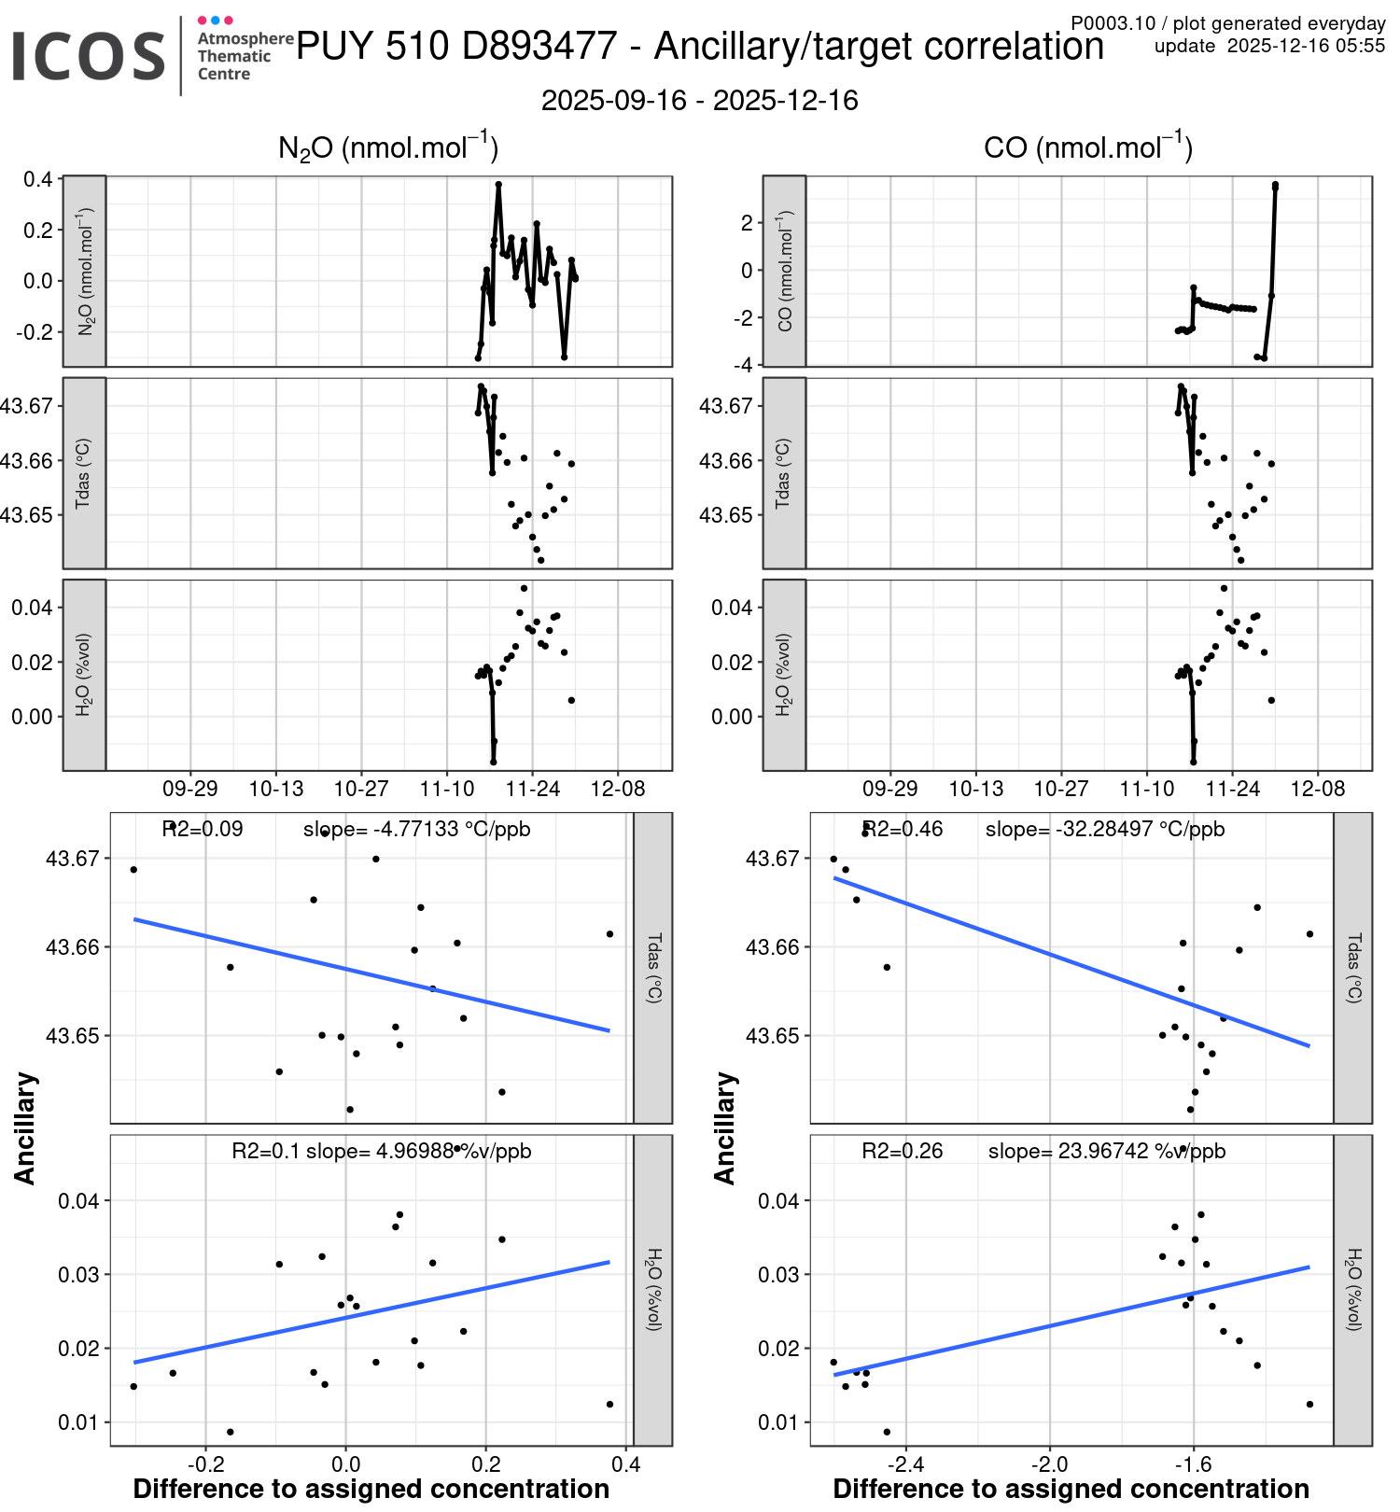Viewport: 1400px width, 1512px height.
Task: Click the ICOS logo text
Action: click(x=89, y=56)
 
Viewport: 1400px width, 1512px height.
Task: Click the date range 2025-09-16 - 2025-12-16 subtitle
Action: click(x=699, y=101)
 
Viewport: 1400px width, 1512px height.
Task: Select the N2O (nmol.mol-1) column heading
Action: click(x=388, y=147)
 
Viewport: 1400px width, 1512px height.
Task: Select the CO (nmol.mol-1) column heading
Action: click(x=1087, y=147)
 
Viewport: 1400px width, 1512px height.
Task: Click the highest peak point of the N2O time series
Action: click(x=498, y=185)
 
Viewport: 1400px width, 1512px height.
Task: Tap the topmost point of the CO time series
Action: click(x=1275, y=185)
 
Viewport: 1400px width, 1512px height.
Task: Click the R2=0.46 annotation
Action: click(x=903, y=829)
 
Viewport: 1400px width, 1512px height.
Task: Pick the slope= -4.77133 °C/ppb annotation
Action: click(x=417, y=829)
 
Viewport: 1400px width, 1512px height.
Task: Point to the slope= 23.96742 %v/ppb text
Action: click(x=1106, y=1151)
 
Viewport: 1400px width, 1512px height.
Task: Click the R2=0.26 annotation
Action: click(x=903, y=1151)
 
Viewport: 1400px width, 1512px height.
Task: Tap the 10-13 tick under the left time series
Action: click(x=276, y=789)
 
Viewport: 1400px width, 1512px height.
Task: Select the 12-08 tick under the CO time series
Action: click(x=1317, y=789)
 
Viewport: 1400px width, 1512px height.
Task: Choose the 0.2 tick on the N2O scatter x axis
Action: click(x=485, y=1463)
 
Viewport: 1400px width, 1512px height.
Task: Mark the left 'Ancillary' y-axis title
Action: click(x=25, y=1128)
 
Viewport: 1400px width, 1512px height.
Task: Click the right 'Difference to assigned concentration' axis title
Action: click(x=1071, y=1489)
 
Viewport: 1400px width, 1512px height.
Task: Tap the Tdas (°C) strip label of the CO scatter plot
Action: click(x=1353, y=968)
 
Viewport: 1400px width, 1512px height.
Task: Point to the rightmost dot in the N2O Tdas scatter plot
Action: click(x=609, y=933)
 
